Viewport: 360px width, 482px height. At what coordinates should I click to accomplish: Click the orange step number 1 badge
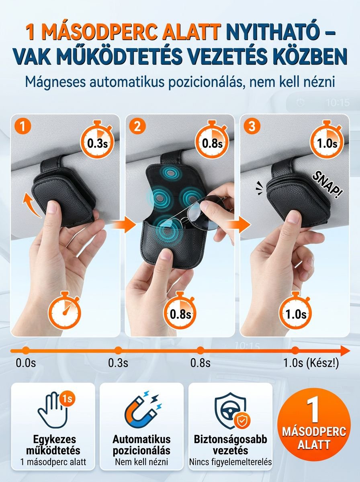(23, 127)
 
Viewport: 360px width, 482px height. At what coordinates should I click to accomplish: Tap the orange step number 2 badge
(137, 127)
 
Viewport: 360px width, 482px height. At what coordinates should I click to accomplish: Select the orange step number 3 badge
(252, 127)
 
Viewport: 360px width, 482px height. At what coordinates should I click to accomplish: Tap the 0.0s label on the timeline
(26, 363)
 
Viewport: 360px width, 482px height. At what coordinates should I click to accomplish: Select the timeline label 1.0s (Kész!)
(311, 363)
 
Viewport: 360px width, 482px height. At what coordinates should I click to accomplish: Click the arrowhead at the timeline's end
(345, 351)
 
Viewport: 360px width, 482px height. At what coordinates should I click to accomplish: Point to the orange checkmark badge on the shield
(241, 421)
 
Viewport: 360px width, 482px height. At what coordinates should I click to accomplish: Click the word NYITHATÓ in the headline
(271, 33)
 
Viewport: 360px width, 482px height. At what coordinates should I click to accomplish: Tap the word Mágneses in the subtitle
(51, 82)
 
